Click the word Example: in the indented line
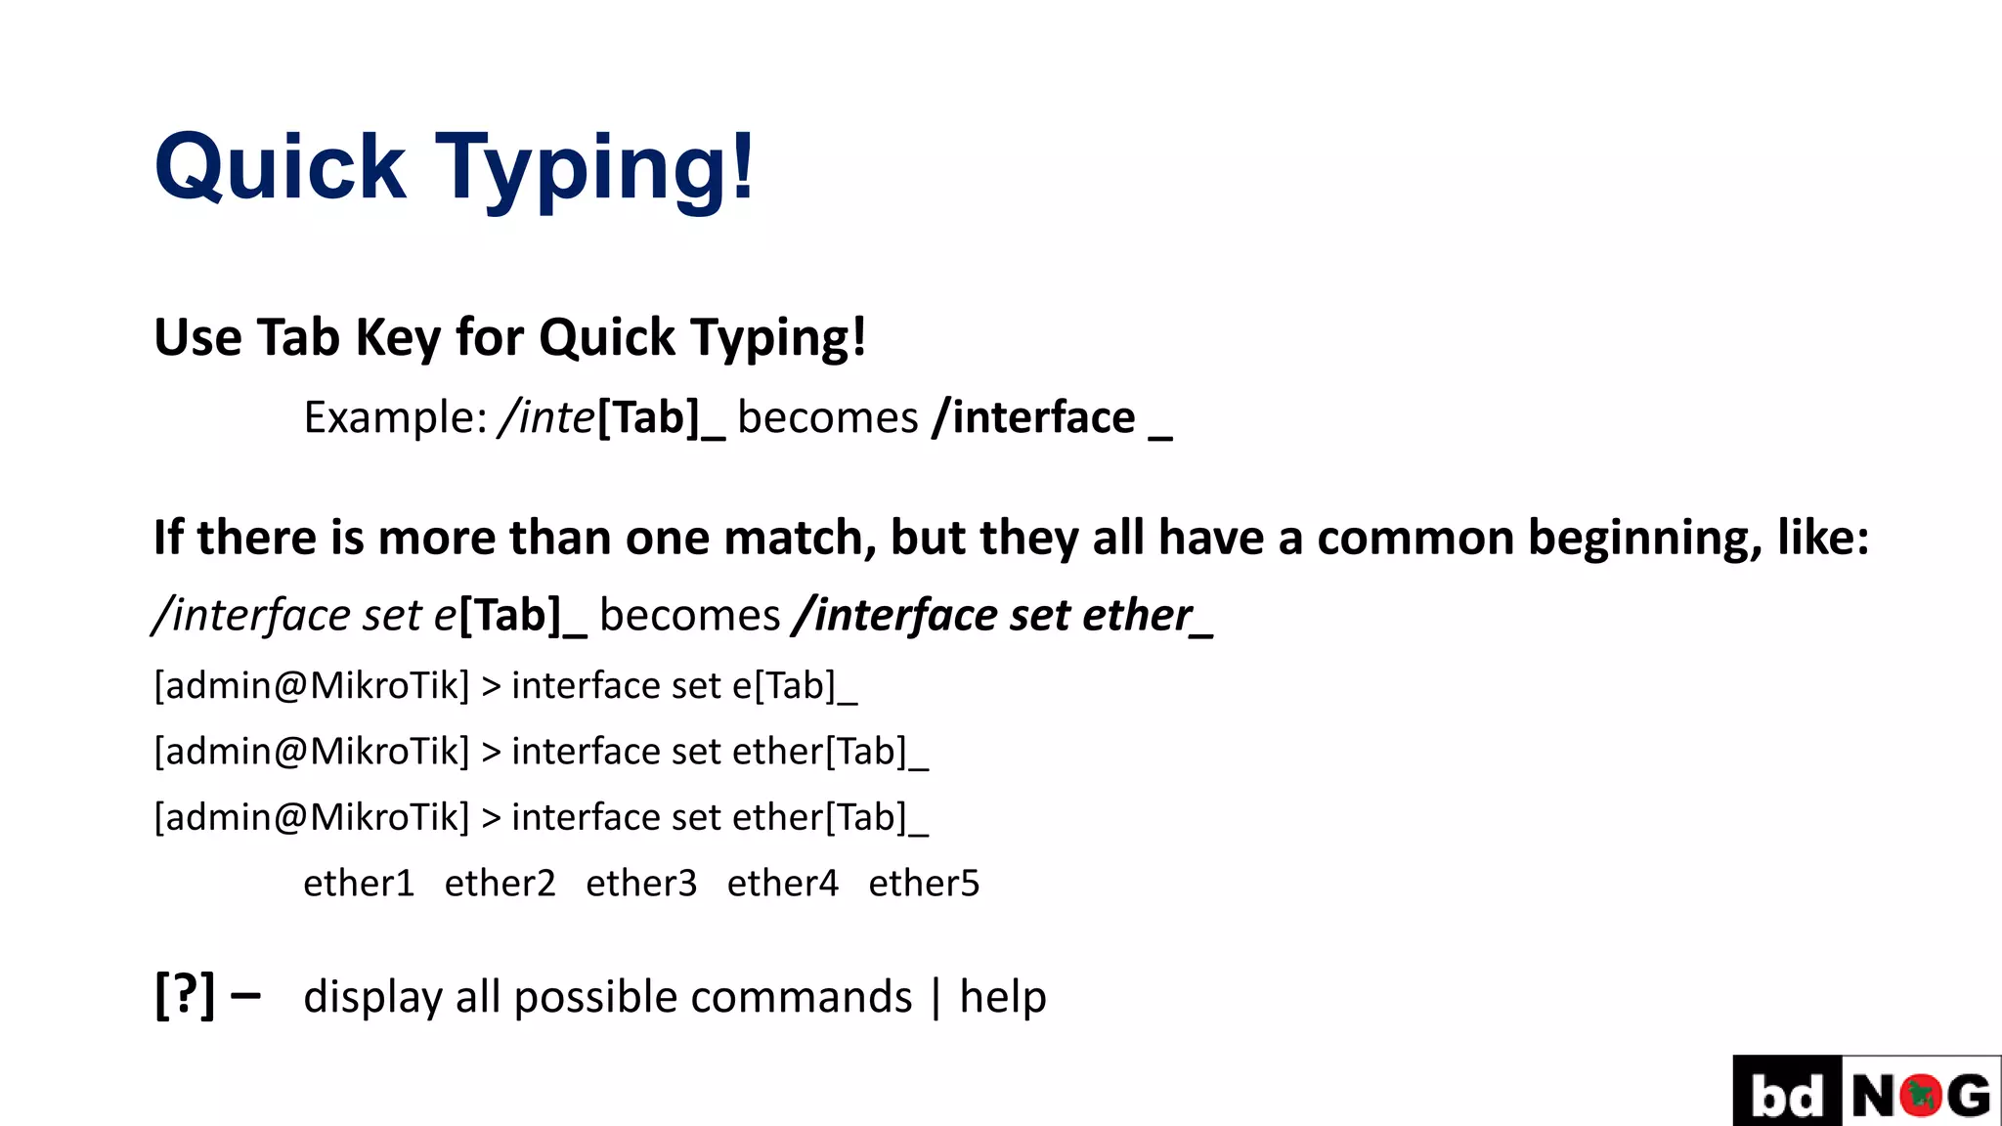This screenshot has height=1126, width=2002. (395, 418)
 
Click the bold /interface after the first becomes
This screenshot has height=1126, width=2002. (1033, 418)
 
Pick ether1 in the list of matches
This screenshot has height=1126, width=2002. (359, 884)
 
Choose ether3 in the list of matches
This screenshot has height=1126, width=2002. (641, 884)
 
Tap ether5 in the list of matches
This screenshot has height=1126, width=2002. (924, 884)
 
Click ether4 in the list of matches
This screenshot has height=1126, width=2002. (782, 884)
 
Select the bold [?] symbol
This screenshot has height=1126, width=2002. (185, 995)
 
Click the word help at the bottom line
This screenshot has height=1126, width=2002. (1003, 997)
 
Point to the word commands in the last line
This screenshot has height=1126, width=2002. (801, 999)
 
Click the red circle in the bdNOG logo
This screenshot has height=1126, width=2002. (1921, 1095)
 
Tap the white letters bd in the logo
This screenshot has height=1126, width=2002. (1787, 1095)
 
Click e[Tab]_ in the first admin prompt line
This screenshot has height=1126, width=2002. (794, 686)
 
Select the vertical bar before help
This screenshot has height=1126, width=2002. (936, 998)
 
